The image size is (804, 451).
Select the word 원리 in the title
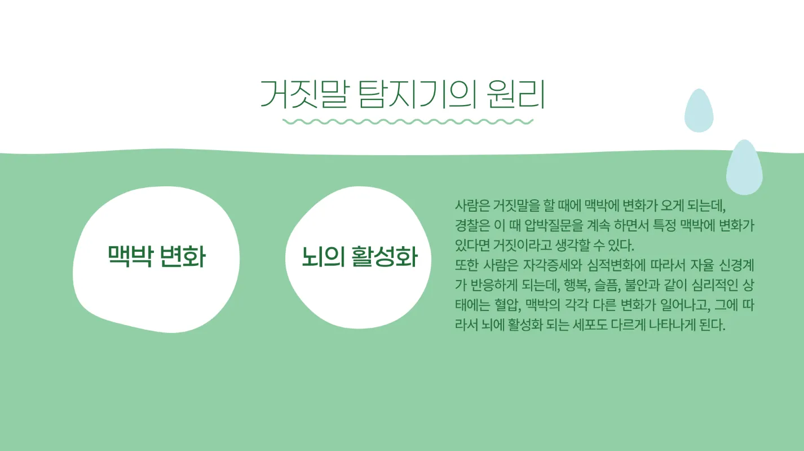(506, 94)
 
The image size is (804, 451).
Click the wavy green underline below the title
(407, 121)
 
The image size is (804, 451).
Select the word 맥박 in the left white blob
(131, 257)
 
